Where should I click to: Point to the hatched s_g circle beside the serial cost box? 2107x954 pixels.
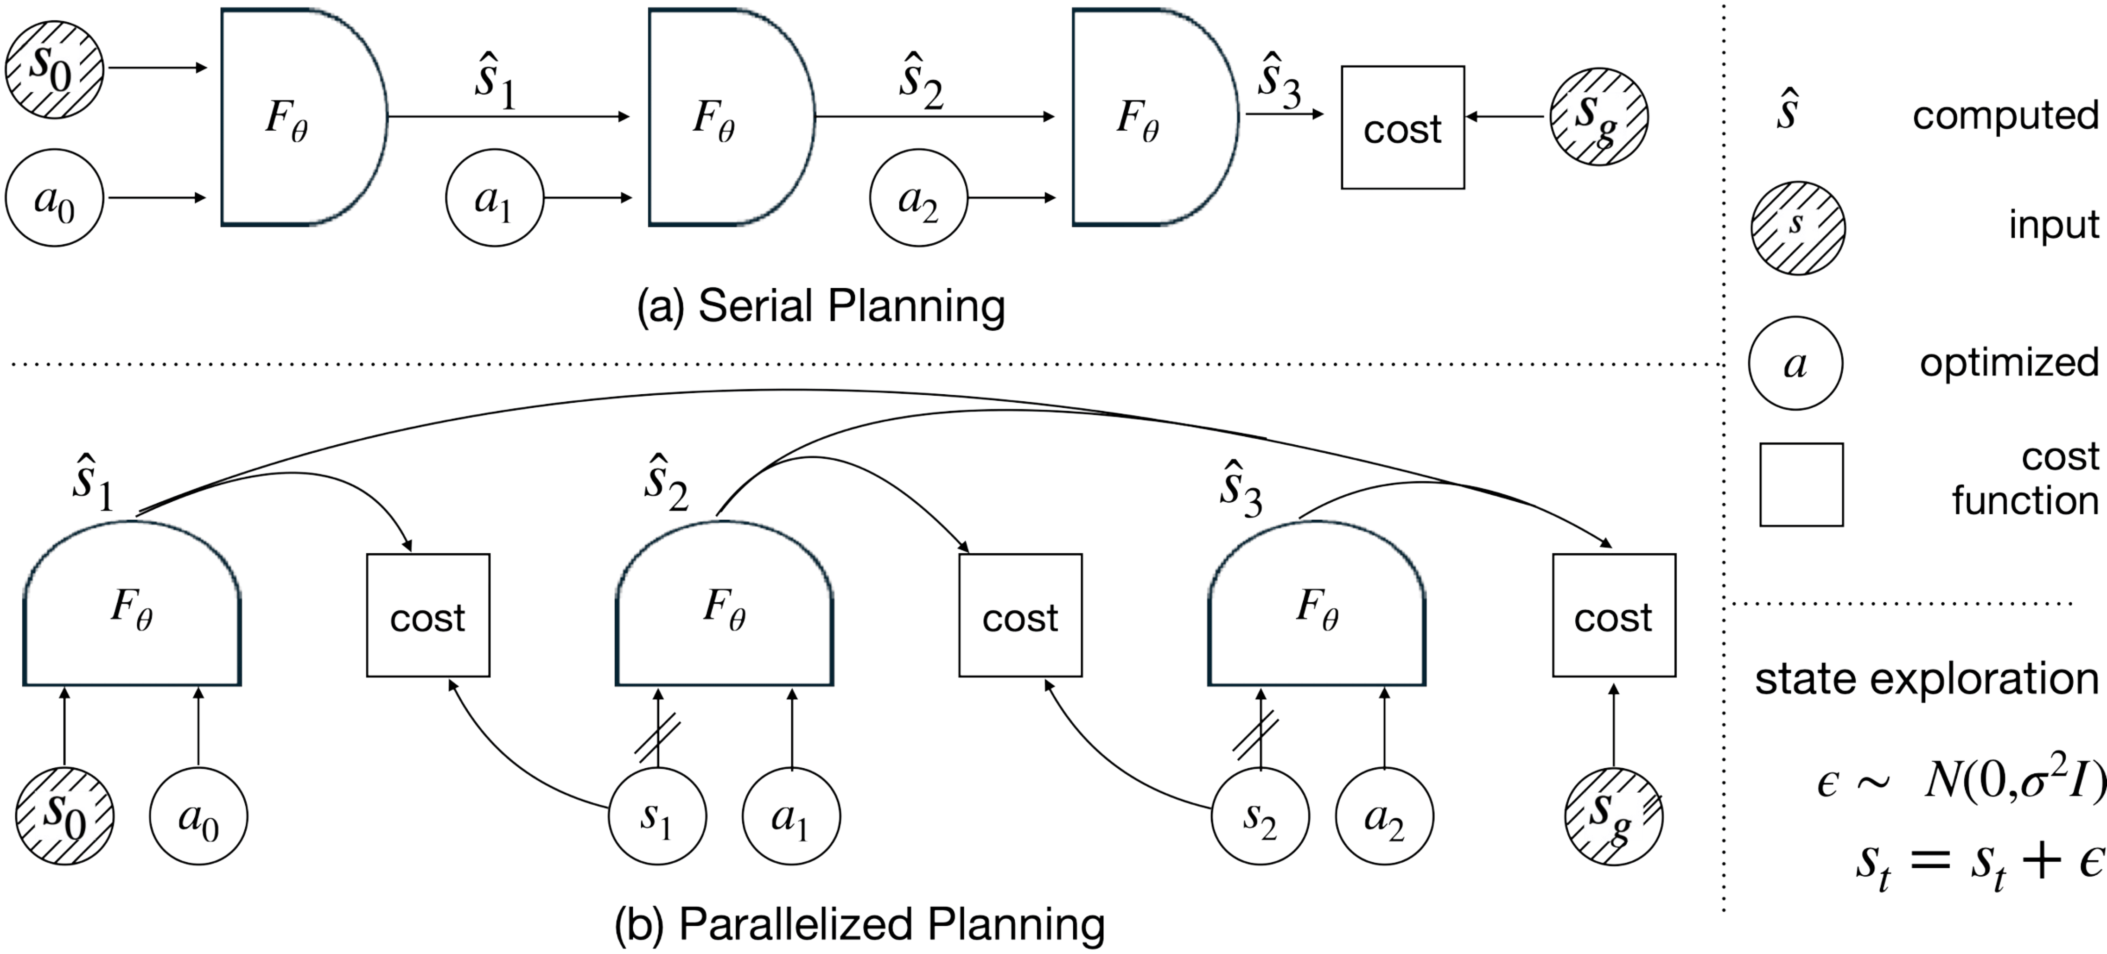pos(1598,117)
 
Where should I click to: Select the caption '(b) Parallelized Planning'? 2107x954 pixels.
pos(859,924)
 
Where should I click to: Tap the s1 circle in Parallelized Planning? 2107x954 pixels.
pos(657,816)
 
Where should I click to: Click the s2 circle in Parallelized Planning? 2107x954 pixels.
pos(1260,816)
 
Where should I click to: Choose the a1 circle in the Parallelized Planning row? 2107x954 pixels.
pos(791,816)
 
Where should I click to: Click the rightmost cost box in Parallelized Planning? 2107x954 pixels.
pos(1614,616)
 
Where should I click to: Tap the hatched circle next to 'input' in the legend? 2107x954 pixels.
pos(1797,227)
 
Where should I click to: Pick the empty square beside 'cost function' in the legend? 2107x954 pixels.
pos(1801,485)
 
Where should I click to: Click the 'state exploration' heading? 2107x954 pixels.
pos(1926,678)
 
